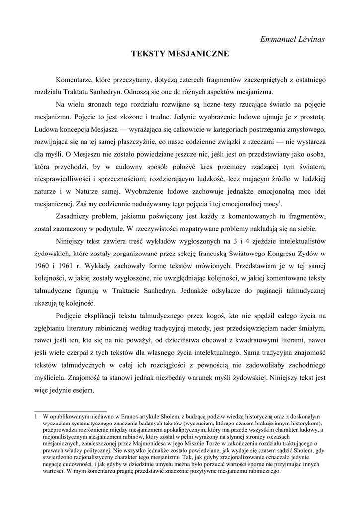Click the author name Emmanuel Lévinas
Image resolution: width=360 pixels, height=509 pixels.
pos(292,39)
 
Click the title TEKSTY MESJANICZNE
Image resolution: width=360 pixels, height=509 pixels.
pos(180,54)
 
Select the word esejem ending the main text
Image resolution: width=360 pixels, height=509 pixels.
pos(82,391)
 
